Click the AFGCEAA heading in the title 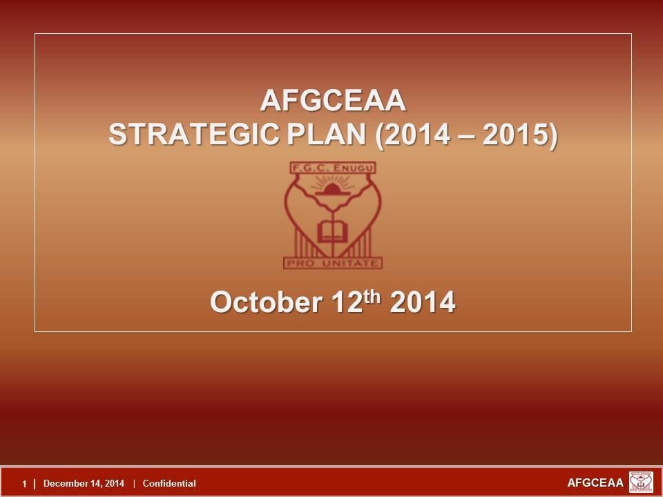pos(333,101)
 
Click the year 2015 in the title pos(517,135)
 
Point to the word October pos(266,302)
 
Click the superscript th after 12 pos(372,297)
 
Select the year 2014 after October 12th pos(423,302)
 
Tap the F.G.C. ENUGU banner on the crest pos(333,168)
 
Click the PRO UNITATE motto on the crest pos(333,263)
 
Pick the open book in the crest pos(333,232)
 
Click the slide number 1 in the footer pos(25,484)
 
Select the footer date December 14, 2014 pos(84,483)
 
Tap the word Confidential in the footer pos(169,483)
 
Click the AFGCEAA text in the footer pos(595,483)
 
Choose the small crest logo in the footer pos(641,483)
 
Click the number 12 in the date pos(347,302)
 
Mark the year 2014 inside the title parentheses pos(417,135)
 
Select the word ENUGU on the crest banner pos(354,168)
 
